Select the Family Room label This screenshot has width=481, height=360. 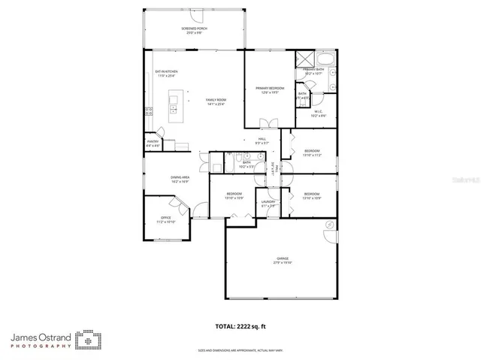pyautogui.click(x=216, y=101)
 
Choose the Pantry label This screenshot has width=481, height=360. pyautogui.click(x=153, y=143)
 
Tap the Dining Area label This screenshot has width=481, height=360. pyautogui.click(x=180, y=179)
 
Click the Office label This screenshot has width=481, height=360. pyautogui.click(x=165, y=220)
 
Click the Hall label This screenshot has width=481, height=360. pyautogui.click(x=262, y=141)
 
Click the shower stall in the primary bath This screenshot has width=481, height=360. pyautogui.click(x=304, y=59)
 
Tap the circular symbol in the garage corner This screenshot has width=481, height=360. pyautogui.click(x=329, y=225)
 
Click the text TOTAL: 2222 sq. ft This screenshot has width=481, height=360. pyautogui.click(x=240, y=325)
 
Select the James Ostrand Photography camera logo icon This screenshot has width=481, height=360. pyautogui.click(x=91, y=340)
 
